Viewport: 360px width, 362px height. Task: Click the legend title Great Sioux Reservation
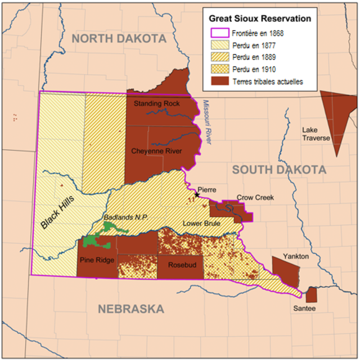click(260, 18)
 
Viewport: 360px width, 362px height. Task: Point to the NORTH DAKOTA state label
click(119, 38)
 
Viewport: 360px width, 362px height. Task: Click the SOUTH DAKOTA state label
click(279, 169)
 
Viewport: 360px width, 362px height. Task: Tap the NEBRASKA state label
click(131, 309)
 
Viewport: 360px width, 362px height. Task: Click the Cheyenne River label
click(156, 151)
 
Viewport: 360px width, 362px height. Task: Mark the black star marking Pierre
click(196, 194)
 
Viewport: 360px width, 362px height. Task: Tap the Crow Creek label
click(255, 198)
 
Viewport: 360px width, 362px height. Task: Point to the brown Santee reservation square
click(311, 294)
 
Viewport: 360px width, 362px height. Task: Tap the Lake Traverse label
click(316, 134)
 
